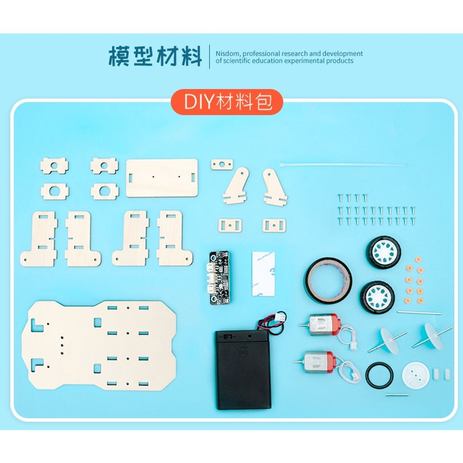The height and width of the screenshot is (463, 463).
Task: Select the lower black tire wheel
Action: (x=377, y=297)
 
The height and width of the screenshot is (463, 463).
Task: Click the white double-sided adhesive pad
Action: (x=263, y=274)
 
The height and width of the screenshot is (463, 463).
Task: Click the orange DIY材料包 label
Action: (x=227, y=103)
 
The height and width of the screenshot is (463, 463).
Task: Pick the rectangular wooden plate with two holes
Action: (x=162, y=178)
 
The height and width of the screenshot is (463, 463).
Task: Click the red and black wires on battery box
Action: (x=271, y=322)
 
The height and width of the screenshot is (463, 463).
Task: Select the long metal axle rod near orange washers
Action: (x=419, y=312)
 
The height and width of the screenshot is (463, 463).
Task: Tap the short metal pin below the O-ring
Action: (x=397, y=395)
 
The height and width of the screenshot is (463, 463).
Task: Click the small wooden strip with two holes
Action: (x=222, y=165)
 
